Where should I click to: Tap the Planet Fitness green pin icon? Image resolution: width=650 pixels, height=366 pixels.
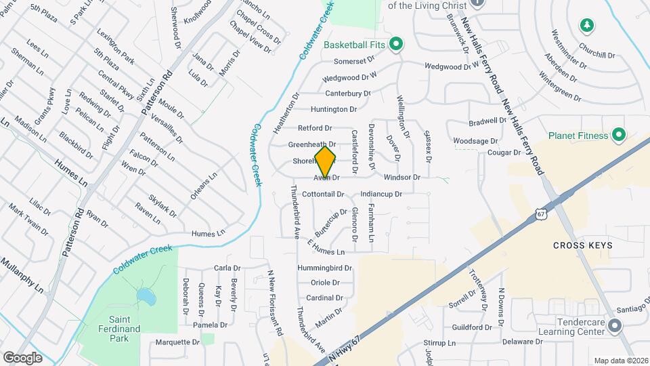(x=618, y=136)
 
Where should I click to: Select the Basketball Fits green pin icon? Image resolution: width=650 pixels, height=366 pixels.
(x=397, y=45)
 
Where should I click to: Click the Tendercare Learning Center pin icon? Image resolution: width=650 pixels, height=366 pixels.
(x=614, y=327)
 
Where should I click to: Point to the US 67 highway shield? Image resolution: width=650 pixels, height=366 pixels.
(x=540, y=214)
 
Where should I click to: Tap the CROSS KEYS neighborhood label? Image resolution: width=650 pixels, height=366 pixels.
(x=582, y=245)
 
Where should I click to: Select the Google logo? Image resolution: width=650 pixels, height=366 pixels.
(x=23, y=357)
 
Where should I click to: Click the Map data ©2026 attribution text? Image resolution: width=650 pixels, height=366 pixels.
(x=621, y=360)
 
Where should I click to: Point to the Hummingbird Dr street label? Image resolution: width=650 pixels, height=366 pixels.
(x=324, y=268)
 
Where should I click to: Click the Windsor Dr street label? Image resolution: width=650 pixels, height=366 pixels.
(x=402, y=178)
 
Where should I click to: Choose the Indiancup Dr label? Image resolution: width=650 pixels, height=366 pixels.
(x=382, y=194)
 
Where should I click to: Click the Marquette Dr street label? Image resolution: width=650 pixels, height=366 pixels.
(x=177, y=342)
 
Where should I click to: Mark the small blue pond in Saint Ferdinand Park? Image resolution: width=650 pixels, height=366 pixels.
(x=144, y=296)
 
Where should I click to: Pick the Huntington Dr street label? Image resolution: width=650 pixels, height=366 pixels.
(x=333, y=109)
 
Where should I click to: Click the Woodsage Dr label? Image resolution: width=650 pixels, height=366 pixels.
(x=475, y=141)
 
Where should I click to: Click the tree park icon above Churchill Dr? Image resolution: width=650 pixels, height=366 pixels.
(x=587, y=26)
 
